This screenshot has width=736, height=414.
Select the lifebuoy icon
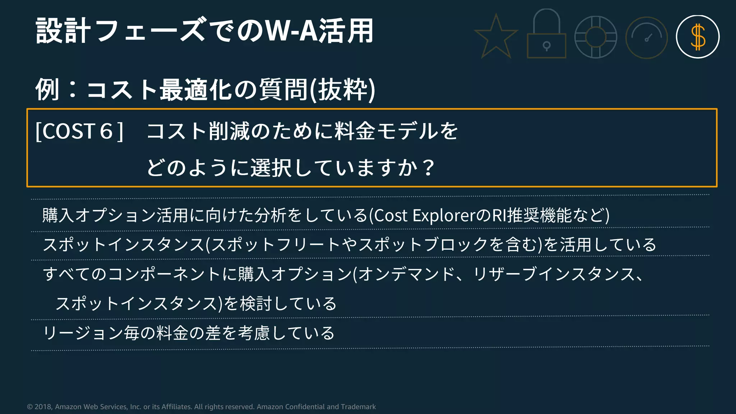click(x=596, y=37)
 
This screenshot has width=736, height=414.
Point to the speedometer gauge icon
click(x=647, y=37)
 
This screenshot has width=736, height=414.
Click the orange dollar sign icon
click(x=698, y=37)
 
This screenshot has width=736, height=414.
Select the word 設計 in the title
click(x=63, y=31)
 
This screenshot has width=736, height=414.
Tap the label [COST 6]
click(x=79, y=131)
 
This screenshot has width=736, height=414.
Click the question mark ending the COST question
click(x=428, y=167)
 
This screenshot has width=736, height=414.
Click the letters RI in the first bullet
click(x=499, y=216)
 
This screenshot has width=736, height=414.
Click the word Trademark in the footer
click(x=358, y=407)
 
